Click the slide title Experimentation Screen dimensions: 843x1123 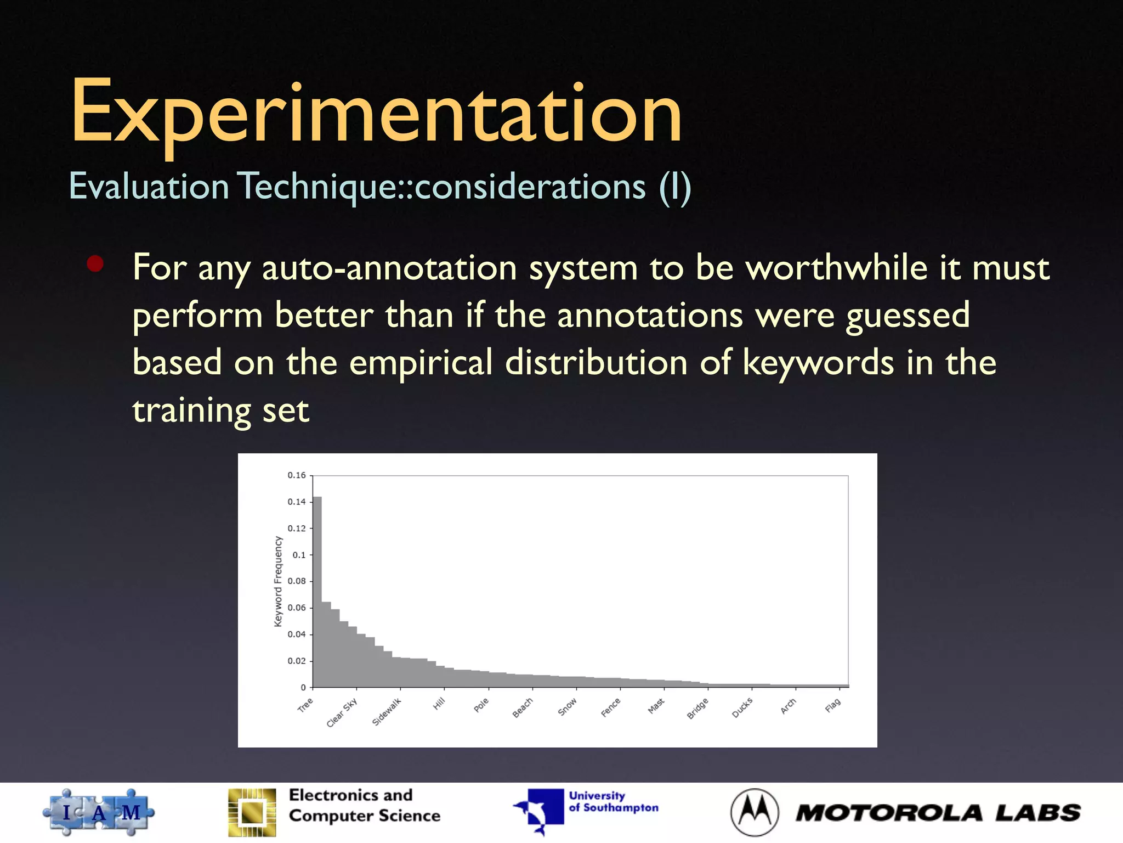tap(376, 113)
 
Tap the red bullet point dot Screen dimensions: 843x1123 tap(95, 264)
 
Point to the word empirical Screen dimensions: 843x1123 tap(421, 363)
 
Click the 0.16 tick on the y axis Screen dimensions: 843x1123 tap(297, 475)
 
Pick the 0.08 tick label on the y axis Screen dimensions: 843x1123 tap(297, 581)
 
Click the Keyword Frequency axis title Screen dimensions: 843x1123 tap(278, 581)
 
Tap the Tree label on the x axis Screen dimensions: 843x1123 tap(305, 705)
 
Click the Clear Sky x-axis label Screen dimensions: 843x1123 tap(342, 712)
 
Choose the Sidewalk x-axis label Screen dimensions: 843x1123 tap(387, 711)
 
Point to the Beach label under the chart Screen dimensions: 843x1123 tap(523, 707)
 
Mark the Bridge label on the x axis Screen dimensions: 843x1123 tap(698, 708)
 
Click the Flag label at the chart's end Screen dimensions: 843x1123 tap(832, 705)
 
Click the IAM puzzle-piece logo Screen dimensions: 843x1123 tap(99, 812)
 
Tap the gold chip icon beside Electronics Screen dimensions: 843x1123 tap(252, 812)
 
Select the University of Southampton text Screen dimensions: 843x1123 tap(613, 802)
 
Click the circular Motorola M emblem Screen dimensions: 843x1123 tap(755, 812)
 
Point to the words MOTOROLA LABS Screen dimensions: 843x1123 tap(938, 813)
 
